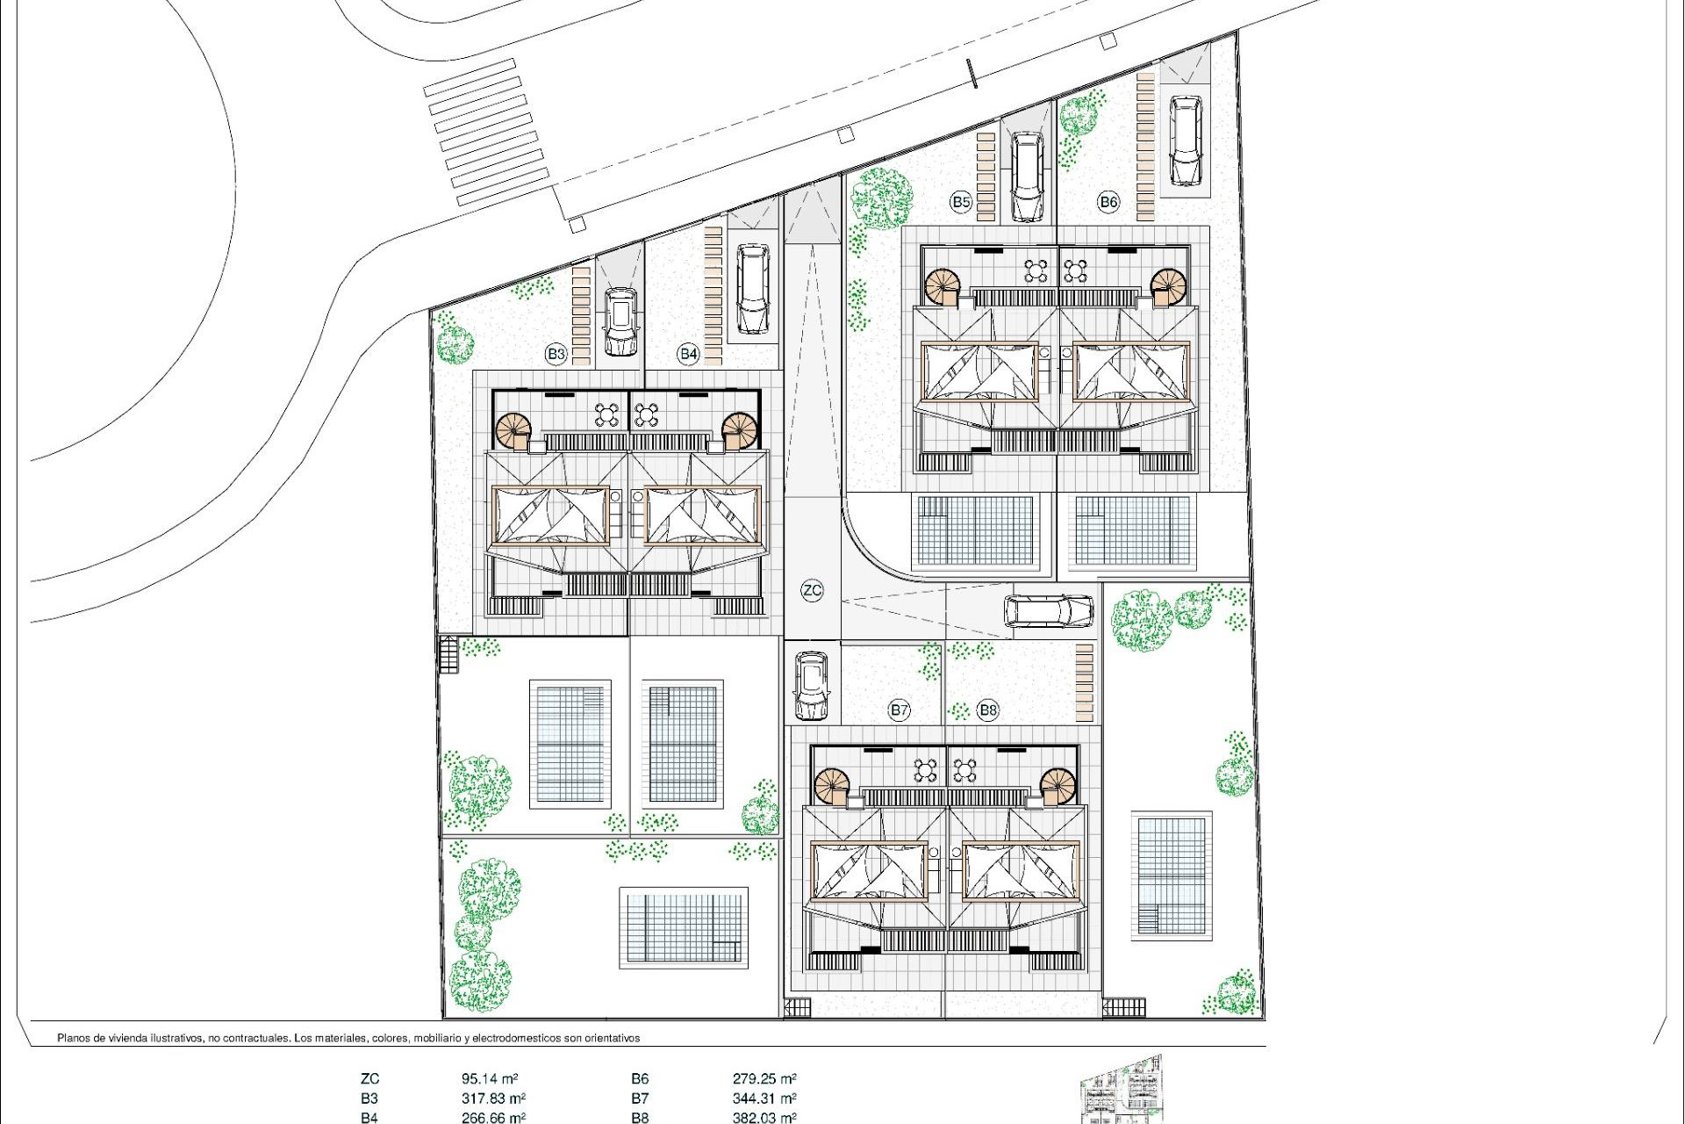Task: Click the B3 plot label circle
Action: (556, 354)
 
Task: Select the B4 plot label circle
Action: (688, 354)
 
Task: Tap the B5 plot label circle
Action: (961, 202)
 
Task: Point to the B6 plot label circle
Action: (1108, 202)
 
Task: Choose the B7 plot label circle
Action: (899, 710)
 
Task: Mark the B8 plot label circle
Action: (988, 710)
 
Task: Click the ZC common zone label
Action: (812, 590)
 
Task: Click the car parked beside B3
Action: (620, 321)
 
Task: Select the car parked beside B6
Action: (1185, 141)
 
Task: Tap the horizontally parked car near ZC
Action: (1049, 611)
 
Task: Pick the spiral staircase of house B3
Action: (513, 430)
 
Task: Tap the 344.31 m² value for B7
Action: (764, 1099)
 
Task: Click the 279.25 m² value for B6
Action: (764, 1079)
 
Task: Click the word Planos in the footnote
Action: (75, 1038)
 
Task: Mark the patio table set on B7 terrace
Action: (925, 770)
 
